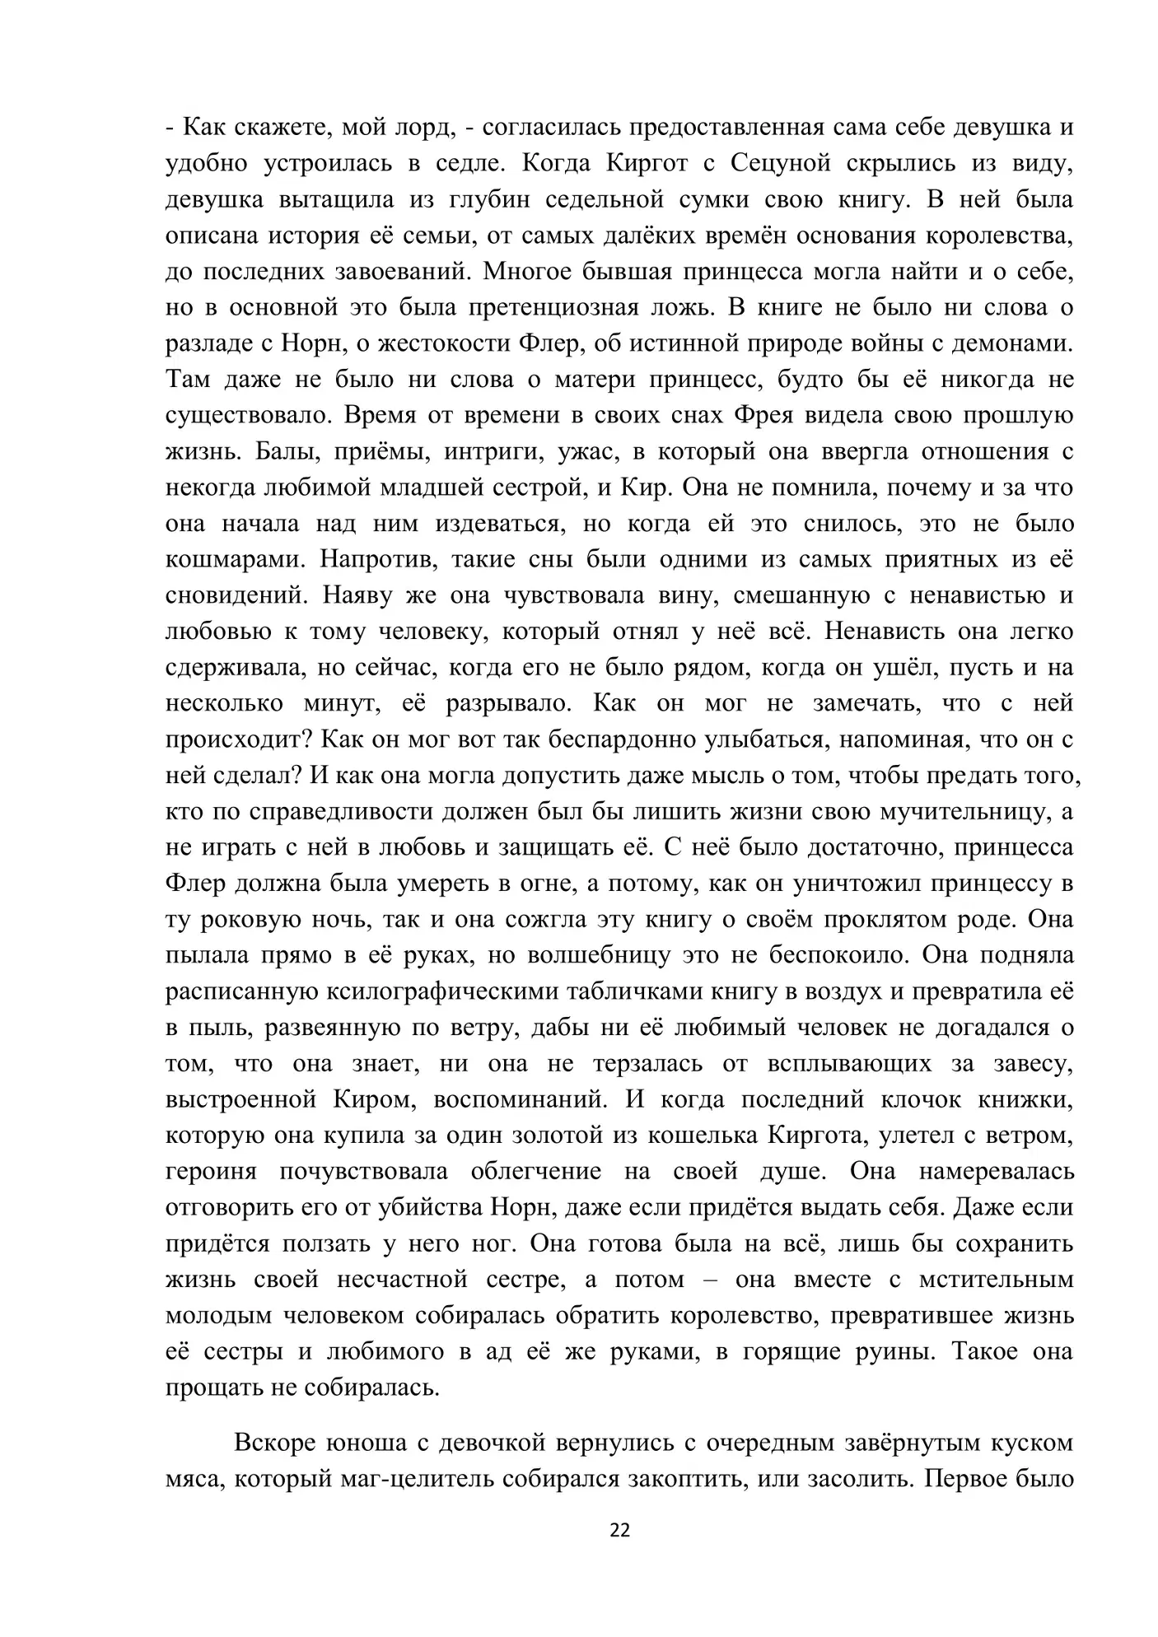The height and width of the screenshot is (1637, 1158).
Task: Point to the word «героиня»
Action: click(211, 1171)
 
